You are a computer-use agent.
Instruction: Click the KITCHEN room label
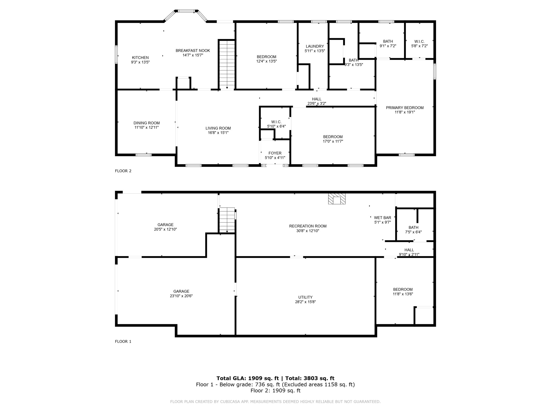tap(140, 58)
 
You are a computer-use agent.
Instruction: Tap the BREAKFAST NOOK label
tap(193, 51)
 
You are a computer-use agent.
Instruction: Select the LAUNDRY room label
tap(315, 46)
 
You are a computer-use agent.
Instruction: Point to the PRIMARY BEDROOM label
tap(405, 108)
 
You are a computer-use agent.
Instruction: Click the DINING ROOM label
tap(147, 123)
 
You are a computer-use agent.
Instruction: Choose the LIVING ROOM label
tap(218, 128)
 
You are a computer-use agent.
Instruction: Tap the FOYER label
tap(275, 153)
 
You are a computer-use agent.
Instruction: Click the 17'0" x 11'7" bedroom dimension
tap(333, 141)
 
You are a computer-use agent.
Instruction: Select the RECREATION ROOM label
tap(308, 226)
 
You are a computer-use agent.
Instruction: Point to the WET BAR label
tap(383, 218)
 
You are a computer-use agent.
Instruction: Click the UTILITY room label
tap(305, 297)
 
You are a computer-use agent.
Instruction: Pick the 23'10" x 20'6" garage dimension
tap(181, 296)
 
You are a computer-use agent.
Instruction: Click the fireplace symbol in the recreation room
tap(337, 199)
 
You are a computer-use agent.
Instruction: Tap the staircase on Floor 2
tap(227, 65)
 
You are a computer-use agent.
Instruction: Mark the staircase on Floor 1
tap(227, 220)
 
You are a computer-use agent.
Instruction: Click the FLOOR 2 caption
tap(123, 171)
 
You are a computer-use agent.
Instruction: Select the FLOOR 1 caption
tap(123, 341)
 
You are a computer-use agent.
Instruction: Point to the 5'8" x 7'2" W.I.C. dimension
tap(419, 46)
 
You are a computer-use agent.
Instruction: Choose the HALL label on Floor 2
tap(317, 99)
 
